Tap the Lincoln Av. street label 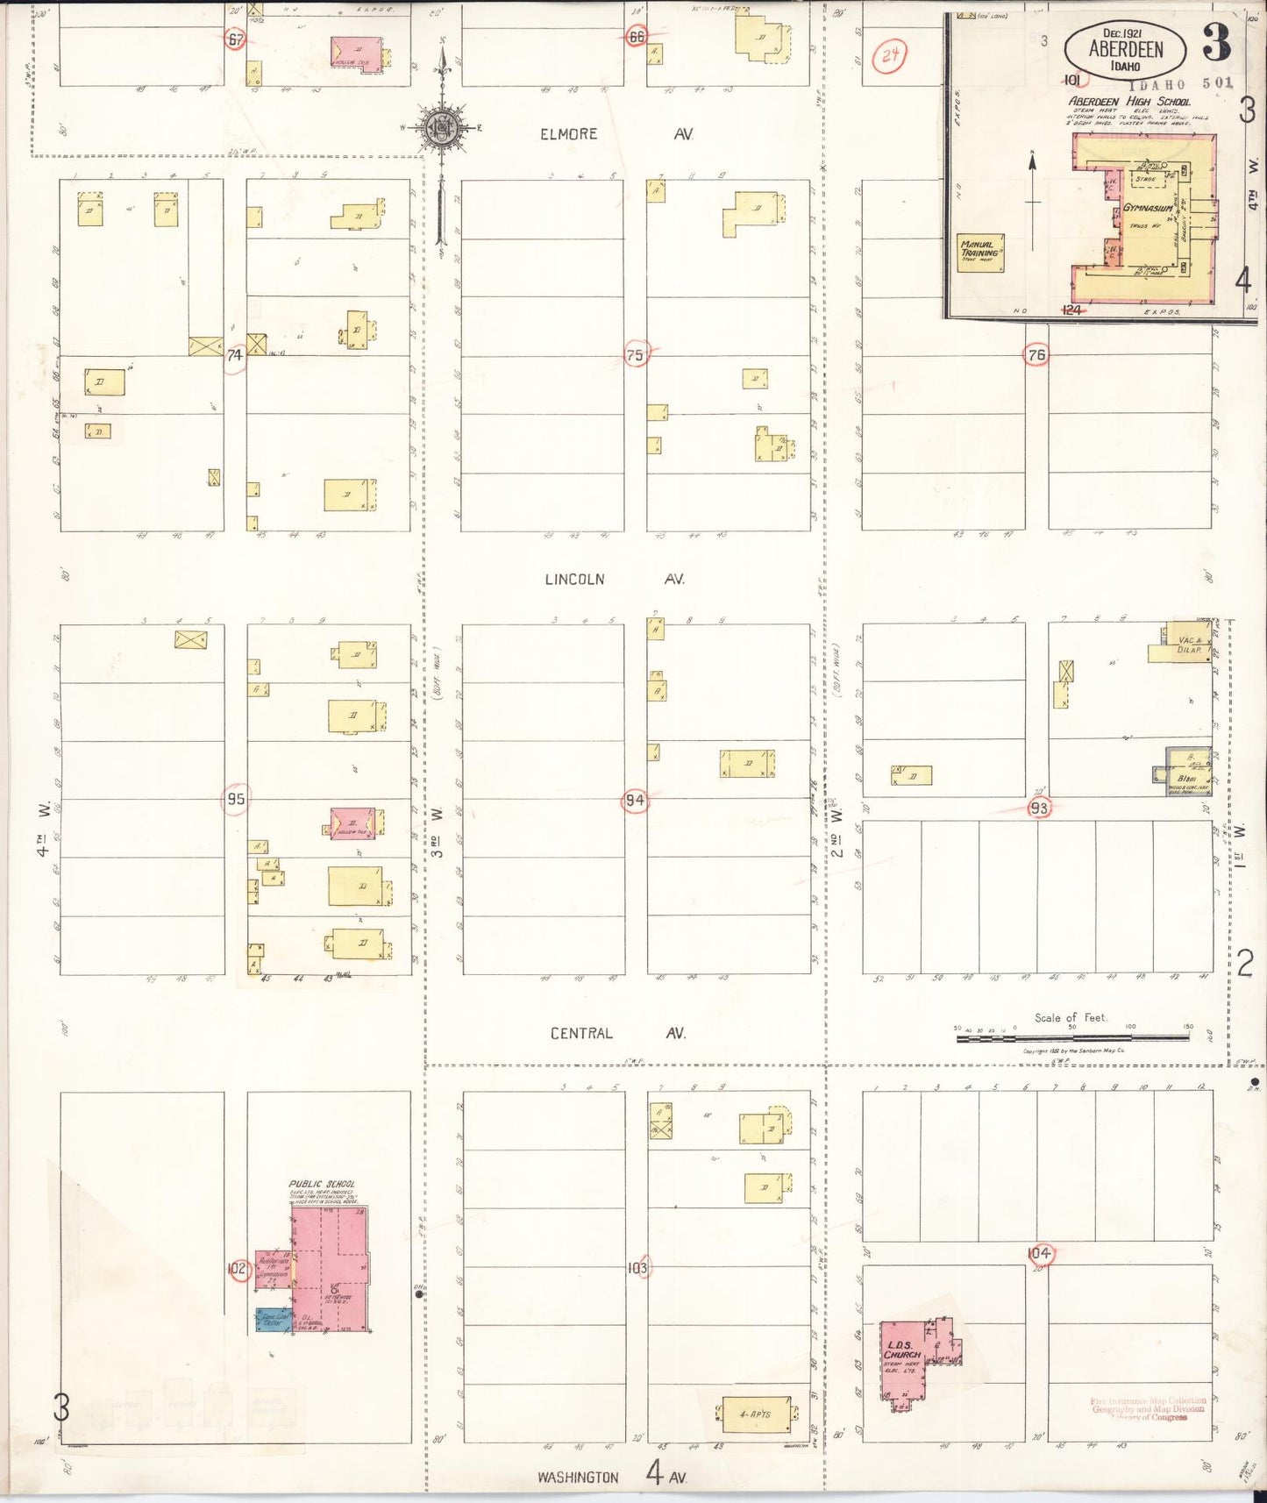(614, 579)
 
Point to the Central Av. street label (617, 1033)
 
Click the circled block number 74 (235, 355)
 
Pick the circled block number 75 (635, 355)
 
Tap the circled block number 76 (1036, 355)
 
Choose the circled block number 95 (235, 799)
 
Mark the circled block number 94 (634, 800)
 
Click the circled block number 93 (1039, 808)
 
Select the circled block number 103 (637, 1268)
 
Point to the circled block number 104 (1039, 1254)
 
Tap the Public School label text (322, 1184)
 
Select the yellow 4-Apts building (755, 1414)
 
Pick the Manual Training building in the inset (979, 252)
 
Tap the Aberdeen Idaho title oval (1126, 51)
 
